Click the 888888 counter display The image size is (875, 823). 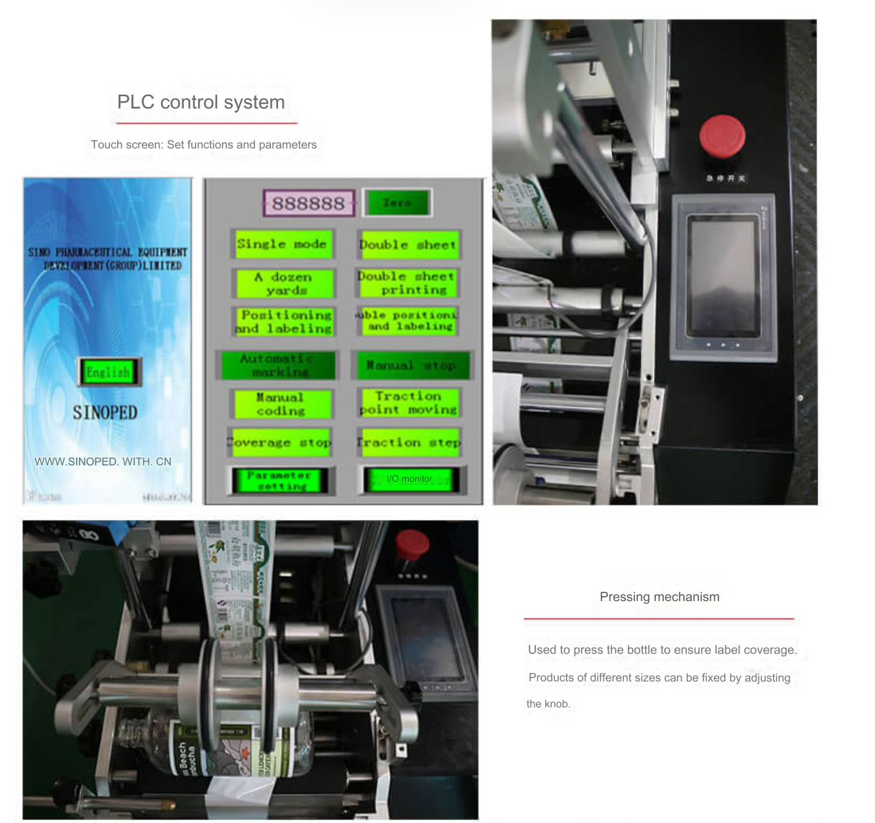coord(308,203)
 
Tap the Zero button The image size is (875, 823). coord(397,203)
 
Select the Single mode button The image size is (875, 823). coord(282,244)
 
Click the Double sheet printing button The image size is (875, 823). coord(407,283)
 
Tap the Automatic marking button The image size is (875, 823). coord(277,365)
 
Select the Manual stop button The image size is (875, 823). coord(411,366)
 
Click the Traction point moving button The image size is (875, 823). coord(409,403)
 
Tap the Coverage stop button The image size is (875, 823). coord(281,442)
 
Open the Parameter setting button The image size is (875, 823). coord(279,480)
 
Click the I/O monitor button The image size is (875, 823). coord(409,479)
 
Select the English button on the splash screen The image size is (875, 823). coord(108,372)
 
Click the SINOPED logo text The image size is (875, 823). coord(105,413)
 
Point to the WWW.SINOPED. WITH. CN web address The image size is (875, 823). coord(103,462)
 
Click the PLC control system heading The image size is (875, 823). coord(201,103)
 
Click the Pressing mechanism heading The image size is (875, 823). coord(659,597)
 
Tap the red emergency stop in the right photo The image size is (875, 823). coord(722,135)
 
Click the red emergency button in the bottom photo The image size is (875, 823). coord(412,544)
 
